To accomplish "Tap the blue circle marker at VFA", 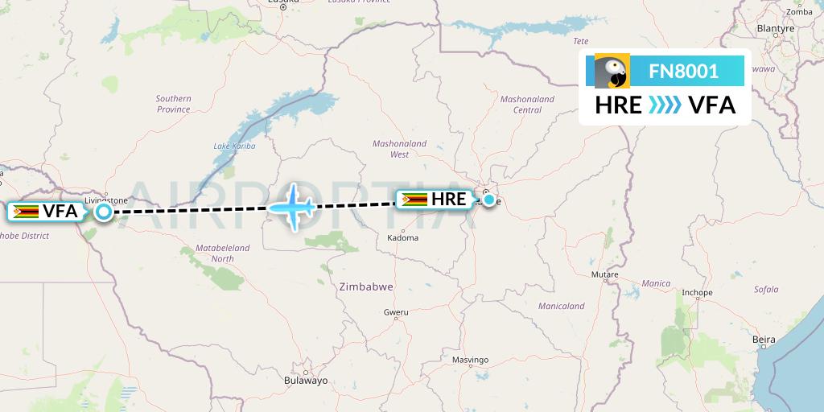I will (x=104, y=212).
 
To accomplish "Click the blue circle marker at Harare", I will (x=488, y=199).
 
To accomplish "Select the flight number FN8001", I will (x=683, y=72).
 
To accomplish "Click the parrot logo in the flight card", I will (x=612, y=72).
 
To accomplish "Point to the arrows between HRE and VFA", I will (x=665, y=105).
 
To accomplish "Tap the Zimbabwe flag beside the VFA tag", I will (x=26, y=212).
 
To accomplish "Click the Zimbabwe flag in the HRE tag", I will (x=414, y=199).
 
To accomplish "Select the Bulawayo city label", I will (x=306, y=381).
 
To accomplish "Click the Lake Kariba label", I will (x=234, y=146).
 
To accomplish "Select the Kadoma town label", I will (x=402, y=237).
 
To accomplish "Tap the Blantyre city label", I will (x=776, y=28).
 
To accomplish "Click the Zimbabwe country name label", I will (x=365, y=286).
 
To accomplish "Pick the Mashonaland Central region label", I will (x=527, y=104).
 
